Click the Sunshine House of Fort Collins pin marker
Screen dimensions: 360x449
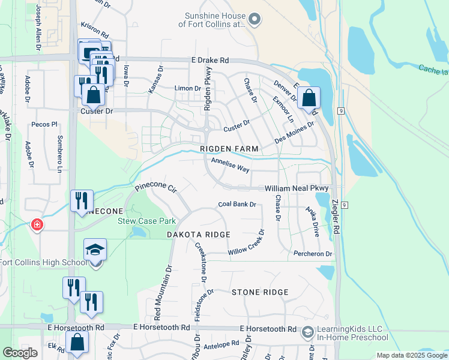point(254,20)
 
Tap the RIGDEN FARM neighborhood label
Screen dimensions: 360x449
point(229,149)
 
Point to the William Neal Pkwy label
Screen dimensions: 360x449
point(298,188)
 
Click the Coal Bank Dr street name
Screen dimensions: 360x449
point(237,205)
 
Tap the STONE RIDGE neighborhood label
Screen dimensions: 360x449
point(260,292)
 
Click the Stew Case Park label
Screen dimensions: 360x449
point(141,221)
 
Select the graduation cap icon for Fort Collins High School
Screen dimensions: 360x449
point(95,249)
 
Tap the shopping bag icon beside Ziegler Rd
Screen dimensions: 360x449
point(309,97)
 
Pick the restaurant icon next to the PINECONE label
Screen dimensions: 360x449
point(82,200)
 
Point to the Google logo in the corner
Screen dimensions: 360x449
point(20,353)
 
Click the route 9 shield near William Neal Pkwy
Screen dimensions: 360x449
point(345,205)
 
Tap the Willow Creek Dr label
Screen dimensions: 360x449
point(246,249)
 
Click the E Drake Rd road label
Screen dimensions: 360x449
point(210,61)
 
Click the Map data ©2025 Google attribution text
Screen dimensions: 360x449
point(411,355)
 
